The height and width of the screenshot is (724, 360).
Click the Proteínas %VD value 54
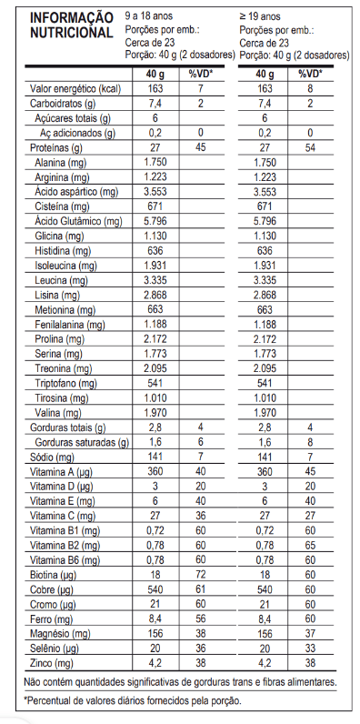pyautogui.click(x=311, y=147)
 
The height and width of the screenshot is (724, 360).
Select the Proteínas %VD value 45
pyautogui.click(x=200, y=147)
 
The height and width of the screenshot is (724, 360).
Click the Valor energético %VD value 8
pyautogui.click(x=311, y=89)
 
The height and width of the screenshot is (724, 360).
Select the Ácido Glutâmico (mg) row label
pyautogui.click(x=77, y=221)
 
